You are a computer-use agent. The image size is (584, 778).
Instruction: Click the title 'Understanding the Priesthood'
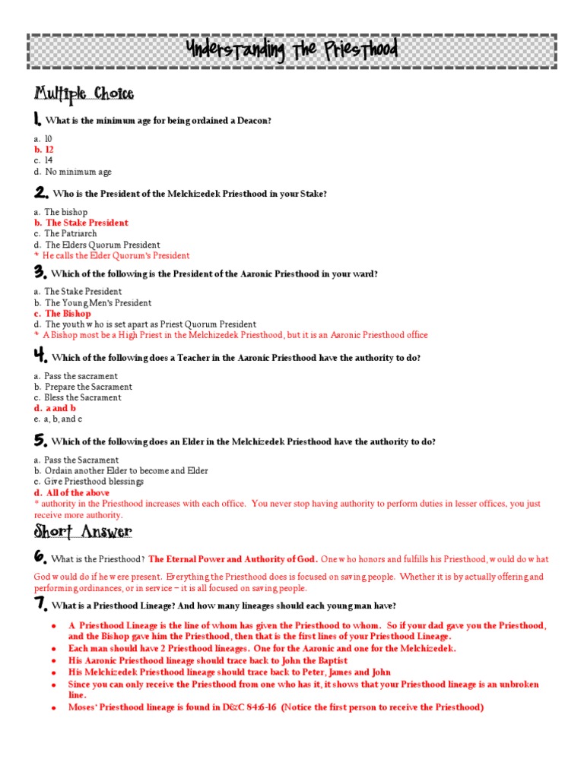coord(292,52)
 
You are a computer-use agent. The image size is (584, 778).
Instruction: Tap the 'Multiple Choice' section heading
coord(84,94)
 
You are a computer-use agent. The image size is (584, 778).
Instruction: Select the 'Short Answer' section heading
coord(83,531)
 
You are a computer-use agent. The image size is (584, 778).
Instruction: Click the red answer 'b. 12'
coord(44,150)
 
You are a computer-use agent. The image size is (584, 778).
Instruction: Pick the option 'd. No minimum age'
coord(73,172)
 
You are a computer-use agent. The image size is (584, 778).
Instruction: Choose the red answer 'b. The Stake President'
coord(81,223)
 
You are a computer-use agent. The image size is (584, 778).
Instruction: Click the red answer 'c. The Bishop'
coord(62,313)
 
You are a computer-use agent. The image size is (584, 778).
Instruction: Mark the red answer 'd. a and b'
coord(56,408)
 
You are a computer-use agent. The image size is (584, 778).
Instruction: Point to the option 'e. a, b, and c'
coord(59,419)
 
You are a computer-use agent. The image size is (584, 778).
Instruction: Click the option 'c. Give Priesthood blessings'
coord(89,482)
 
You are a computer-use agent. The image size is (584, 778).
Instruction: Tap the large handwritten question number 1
coord(38,119)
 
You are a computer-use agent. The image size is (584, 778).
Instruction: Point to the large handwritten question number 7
coord(41,604)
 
